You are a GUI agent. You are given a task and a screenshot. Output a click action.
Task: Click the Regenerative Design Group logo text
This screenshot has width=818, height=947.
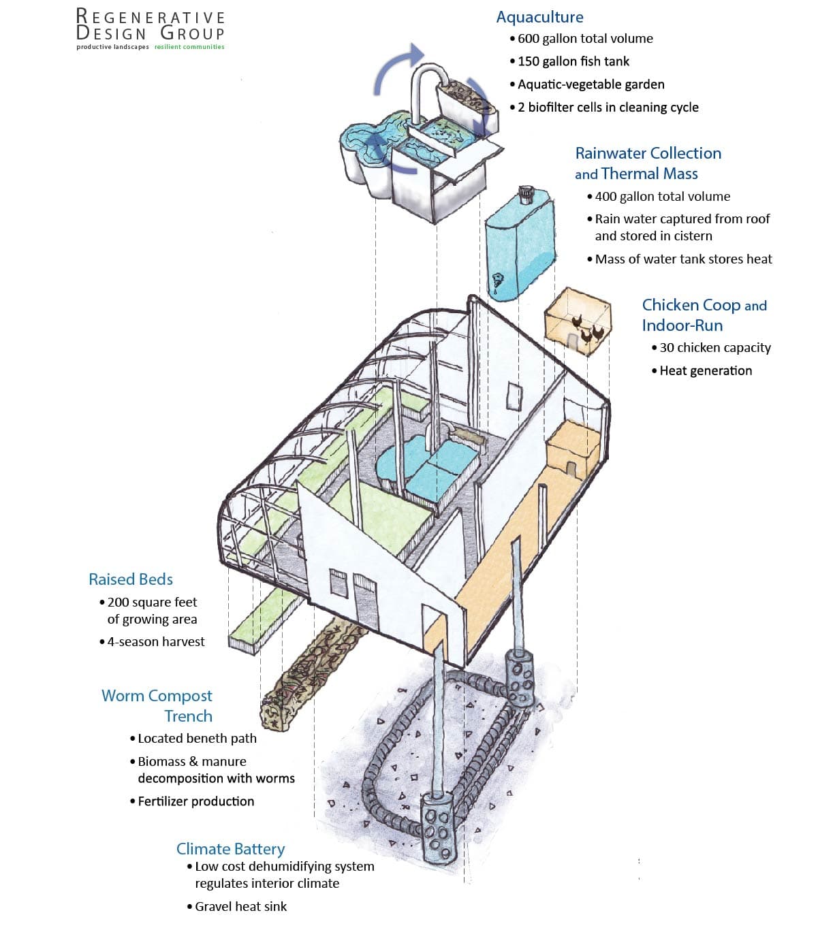(x=150, y=25)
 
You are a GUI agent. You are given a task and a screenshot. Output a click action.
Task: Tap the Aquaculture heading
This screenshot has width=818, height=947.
(x=539, y=17)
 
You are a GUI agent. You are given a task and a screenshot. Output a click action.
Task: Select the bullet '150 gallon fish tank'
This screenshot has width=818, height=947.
(x=573, y=61)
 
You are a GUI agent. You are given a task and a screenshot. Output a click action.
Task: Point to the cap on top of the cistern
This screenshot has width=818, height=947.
(x=525, y=195)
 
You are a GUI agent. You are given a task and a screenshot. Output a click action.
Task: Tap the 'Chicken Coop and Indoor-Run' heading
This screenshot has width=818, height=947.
(x=704, y=315)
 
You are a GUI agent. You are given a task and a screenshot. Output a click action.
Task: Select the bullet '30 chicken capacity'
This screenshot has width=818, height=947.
(x=714, y=347)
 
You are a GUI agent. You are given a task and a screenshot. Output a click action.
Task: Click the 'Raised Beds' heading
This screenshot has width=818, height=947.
(x=131, y=579)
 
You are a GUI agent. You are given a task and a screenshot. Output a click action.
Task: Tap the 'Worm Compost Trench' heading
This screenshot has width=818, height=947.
(x=157, y=705)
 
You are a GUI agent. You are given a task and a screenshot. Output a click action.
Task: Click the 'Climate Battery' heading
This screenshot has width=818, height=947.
(x=230, y=849)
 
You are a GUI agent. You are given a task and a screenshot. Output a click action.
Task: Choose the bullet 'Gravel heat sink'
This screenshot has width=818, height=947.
(x=240, y=906)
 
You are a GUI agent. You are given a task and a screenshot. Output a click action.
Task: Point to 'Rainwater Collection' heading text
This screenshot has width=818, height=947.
(x=648, y=153)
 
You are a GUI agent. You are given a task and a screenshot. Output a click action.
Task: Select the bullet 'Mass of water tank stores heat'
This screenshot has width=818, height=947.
(x=683, y=259)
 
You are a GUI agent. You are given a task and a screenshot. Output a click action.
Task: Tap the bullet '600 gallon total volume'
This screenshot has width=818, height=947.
(x=584, y=39)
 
